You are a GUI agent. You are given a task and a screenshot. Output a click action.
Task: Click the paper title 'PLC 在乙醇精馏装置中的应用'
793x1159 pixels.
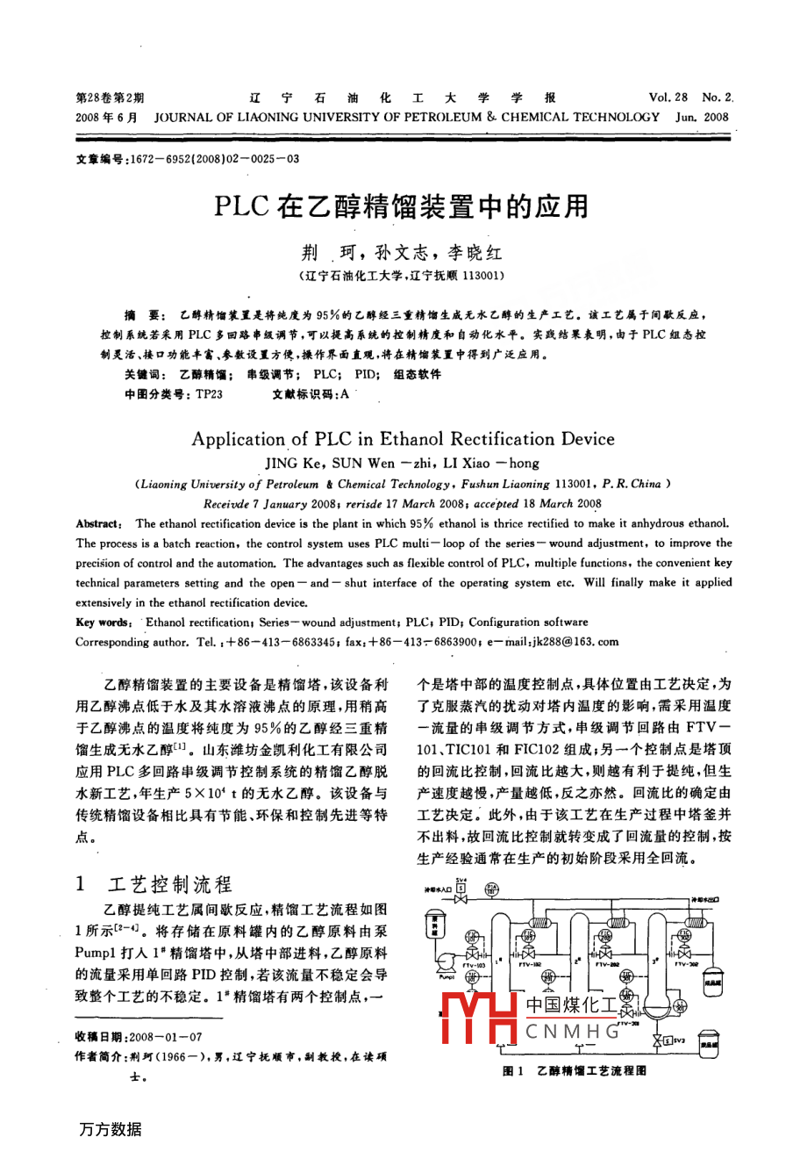tap(401, 207)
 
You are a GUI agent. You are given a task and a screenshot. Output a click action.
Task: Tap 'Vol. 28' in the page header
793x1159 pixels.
tap(668, 97)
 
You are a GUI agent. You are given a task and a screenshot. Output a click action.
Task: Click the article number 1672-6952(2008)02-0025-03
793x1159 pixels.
tap(214, 159)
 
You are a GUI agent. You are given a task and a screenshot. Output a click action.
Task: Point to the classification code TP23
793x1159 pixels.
tap(209, 394)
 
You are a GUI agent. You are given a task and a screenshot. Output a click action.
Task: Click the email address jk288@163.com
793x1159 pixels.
tap(574, 642)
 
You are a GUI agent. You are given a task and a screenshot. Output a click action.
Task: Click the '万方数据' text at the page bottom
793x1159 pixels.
tap(110, 1130)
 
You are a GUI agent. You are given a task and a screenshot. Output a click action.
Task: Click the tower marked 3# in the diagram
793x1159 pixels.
tap(657, 957)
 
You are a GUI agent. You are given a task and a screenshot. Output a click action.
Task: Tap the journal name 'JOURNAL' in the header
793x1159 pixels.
tap(182, 117)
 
